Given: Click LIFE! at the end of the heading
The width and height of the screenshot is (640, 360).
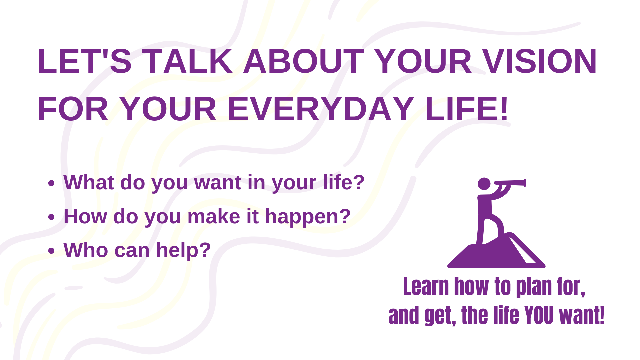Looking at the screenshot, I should point(467,109).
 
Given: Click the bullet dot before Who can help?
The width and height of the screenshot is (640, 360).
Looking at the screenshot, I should point(51,251).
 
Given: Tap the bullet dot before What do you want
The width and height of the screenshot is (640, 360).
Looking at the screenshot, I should point(51,183).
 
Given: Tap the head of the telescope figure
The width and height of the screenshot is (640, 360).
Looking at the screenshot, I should point(484,184).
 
